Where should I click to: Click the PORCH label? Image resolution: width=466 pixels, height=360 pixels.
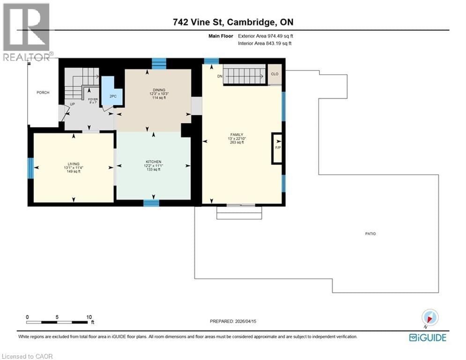[x=43, y=93]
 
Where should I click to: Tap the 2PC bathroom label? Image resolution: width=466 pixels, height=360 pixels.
[x=113, y=96]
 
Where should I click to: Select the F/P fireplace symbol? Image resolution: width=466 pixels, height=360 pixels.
[x=277, y=149]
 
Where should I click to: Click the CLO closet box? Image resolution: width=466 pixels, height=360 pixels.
[x=274, y=74]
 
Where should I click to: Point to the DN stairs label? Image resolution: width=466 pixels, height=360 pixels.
[x=219, y=75]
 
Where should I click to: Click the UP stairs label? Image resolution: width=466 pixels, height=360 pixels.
[x=73, y=104]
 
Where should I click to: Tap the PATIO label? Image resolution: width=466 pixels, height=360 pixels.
[x=371, y=234]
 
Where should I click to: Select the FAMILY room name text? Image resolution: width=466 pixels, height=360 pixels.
[x=237, y=135]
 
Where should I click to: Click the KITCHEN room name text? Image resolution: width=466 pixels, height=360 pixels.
[x=153, y=162]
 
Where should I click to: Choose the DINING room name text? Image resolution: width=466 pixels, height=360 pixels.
[x=154, y=90]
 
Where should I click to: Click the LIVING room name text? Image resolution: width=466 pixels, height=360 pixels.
[x=73, y=164]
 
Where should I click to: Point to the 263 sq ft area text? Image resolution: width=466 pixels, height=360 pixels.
[x=237, y=142]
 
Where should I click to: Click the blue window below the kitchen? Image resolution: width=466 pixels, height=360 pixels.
[x=151, y=203]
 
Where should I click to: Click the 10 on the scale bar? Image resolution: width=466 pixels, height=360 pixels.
[x=89, y=317]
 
